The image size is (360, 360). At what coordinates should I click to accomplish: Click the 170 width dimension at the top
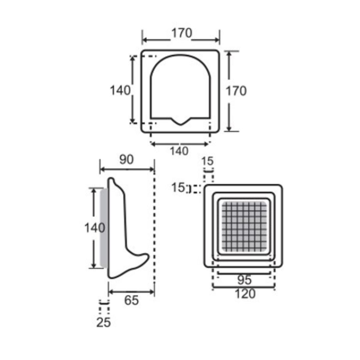182,33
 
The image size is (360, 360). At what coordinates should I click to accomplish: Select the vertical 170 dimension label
236,91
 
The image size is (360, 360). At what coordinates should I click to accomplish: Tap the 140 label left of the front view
120,90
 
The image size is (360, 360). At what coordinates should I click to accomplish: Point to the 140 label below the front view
179,151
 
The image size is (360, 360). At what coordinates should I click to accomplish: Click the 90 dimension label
126,160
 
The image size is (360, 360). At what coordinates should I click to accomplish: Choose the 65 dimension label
131,300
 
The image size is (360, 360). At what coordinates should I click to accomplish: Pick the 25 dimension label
103,322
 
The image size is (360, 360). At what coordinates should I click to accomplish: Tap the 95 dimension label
244,280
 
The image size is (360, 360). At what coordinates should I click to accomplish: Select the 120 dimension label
245,294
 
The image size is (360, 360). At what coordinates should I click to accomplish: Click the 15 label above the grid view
207,161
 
